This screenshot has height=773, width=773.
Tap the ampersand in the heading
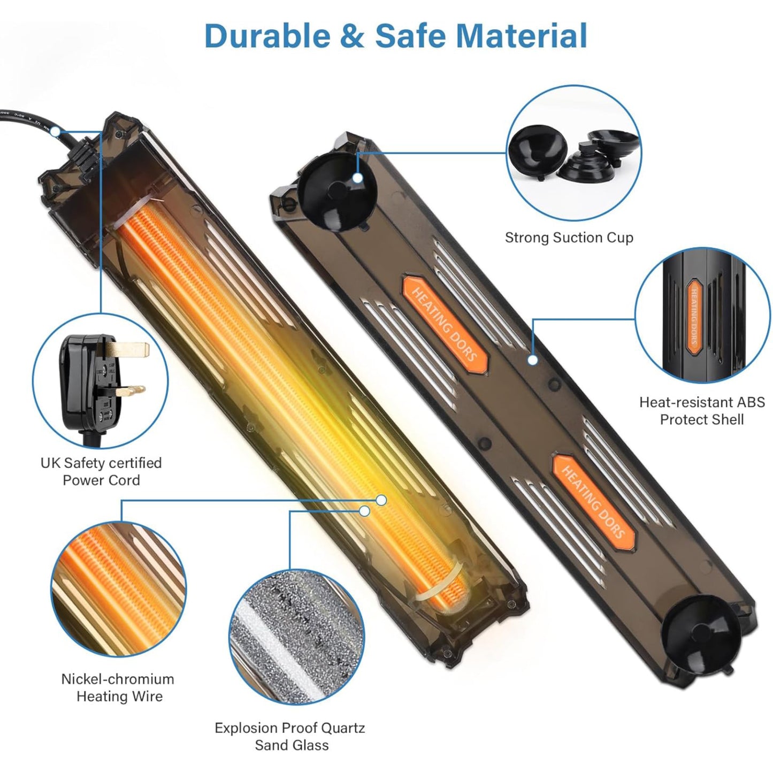(x=352, y=36)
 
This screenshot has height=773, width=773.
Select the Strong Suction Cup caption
(x=569, y=238)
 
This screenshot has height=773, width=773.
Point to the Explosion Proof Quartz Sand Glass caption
(x=290, y=736)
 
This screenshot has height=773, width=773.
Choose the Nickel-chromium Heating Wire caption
(x=118, y=687)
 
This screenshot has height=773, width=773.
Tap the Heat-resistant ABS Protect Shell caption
(x=702, y=410)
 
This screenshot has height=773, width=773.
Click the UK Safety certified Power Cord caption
(x=101, y=471)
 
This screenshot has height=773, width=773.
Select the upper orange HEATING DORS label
(x=445, y=324)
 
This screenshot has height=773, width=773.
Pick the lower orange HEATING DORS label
(x=593, y=502)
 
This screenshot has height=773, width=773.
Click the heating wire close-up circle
(x=119, y=589)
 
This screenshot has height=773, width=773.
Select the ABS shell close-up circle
(x=701, y=316)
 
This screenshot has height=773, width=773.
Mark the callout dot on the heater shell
(x=532, y=360)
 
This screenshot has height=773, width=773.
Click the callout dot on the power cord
(x=56, y=132)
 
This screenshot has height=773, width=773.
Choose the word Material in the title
(x=521, y=36)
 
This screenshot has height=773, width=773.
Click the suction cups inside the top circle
(x=573, y=154)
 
